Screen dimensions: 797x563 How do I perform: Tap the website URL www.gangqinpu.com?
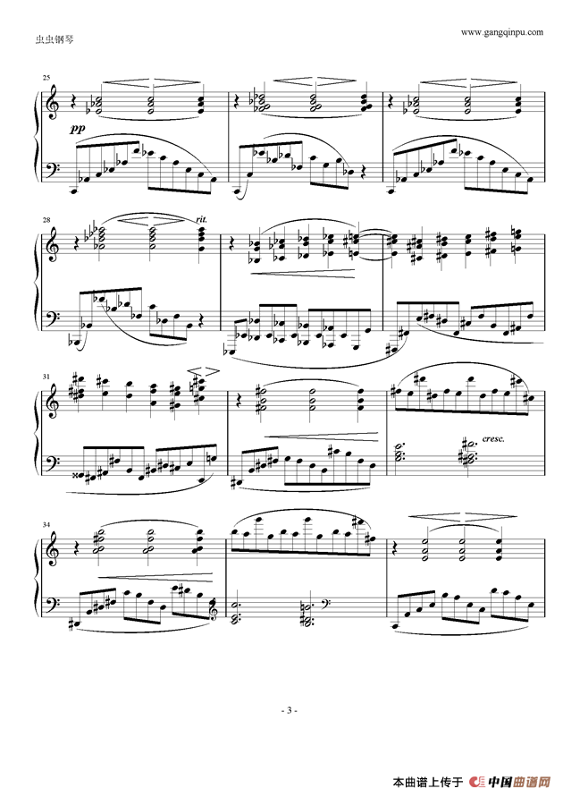click(x=501, y=31)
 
